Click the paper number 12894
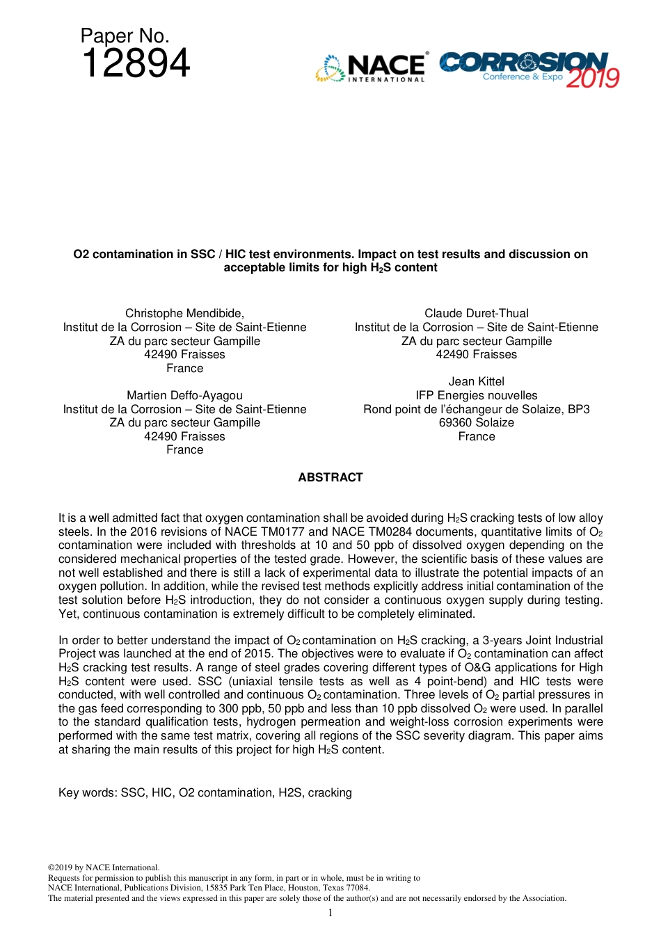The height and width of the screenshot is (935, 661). [x=136, y=64]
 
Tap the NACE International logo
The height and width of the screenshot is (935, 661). [x=372, y=68]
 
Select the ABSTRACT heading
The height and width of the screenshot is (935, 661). [x=330, y=477]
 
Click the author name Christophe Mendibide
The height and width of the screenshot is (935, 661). [x=184, y=314]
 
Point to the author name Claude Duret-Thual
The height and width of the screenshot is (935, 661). [x=477, y=314]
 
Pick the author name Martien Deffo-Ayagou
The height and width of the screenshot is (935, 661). [x=184, y=396]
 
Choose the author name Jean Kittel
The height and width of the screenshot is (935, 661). [x=477, y=382]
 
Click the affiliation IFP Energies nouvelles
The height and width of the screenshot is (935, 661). [x=477, y=396]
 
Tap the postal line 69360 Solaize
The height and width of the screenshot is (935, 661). [x=477, y=423]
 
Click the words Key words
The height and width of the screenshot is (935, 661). [x=87, y=793]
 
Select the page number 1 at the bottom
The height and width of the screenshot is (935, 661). [x=330, y=913]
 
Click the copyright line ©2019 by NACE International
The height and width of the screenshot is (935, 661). [x=104, y=868]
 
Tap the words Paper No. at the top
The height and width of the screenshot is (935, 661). [x=125, y=36]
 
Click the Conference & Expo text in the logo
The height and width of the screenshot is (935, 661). [x=523, y=77]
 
